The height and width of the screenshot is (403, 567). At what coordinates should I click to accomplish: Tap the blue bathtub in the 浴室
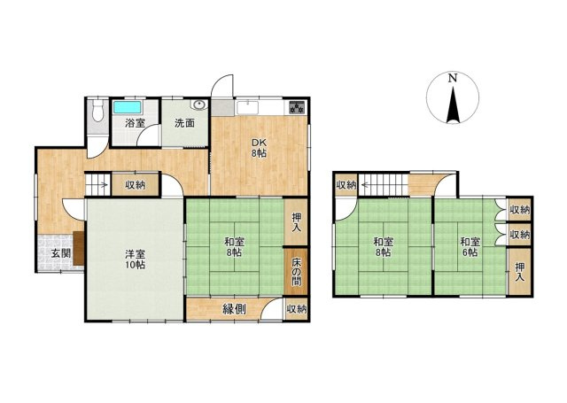(127, 107)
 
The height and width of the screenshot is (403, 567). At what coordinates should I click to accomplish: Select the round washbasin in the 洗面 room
(199, 105)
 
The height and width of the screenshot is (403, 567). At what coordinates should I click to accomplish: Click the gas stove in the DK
(298, 107)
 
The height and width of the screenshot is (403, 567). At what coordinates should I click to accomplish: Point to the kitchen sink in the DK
(247, 107)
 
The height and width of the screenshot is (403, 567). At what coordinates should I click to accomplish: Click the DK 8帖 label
(260, 148)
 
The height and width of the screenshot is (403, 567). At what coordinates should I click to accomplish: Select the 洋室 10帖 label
(135, 260)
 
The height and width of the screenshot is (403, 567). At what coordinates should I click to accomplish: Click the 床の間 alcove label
(296, 271)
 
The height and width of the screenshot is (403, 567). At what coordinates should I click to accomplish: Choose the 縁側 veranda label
(234, 309)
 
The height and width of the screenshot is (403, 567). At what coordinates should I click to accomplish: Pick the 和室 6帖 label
(470, 247)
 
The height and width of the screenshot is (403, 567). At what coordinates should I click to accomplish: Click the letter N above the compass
(452, 78)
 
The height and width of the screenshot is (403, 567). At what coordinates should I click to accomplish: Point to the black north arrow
(453, 104)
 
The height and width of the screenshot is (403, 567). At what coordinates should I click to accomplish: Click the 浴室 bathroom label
(136, 123)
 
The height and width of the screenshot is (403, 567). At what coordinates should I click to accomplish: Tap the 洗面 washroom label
(185, 123)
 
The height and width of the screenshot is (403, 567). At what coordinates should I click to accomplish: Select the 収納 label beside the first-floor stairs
(136, 185)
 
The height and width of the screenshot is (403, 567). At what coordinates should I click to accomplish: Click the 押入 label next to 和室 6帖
(519, 272)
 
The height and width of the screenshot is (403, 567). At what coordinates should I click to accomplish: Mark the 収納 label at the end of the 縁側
(297, 309)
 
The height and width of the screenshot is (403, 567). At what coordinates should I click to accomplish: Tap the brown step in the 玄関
(79, 248)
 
